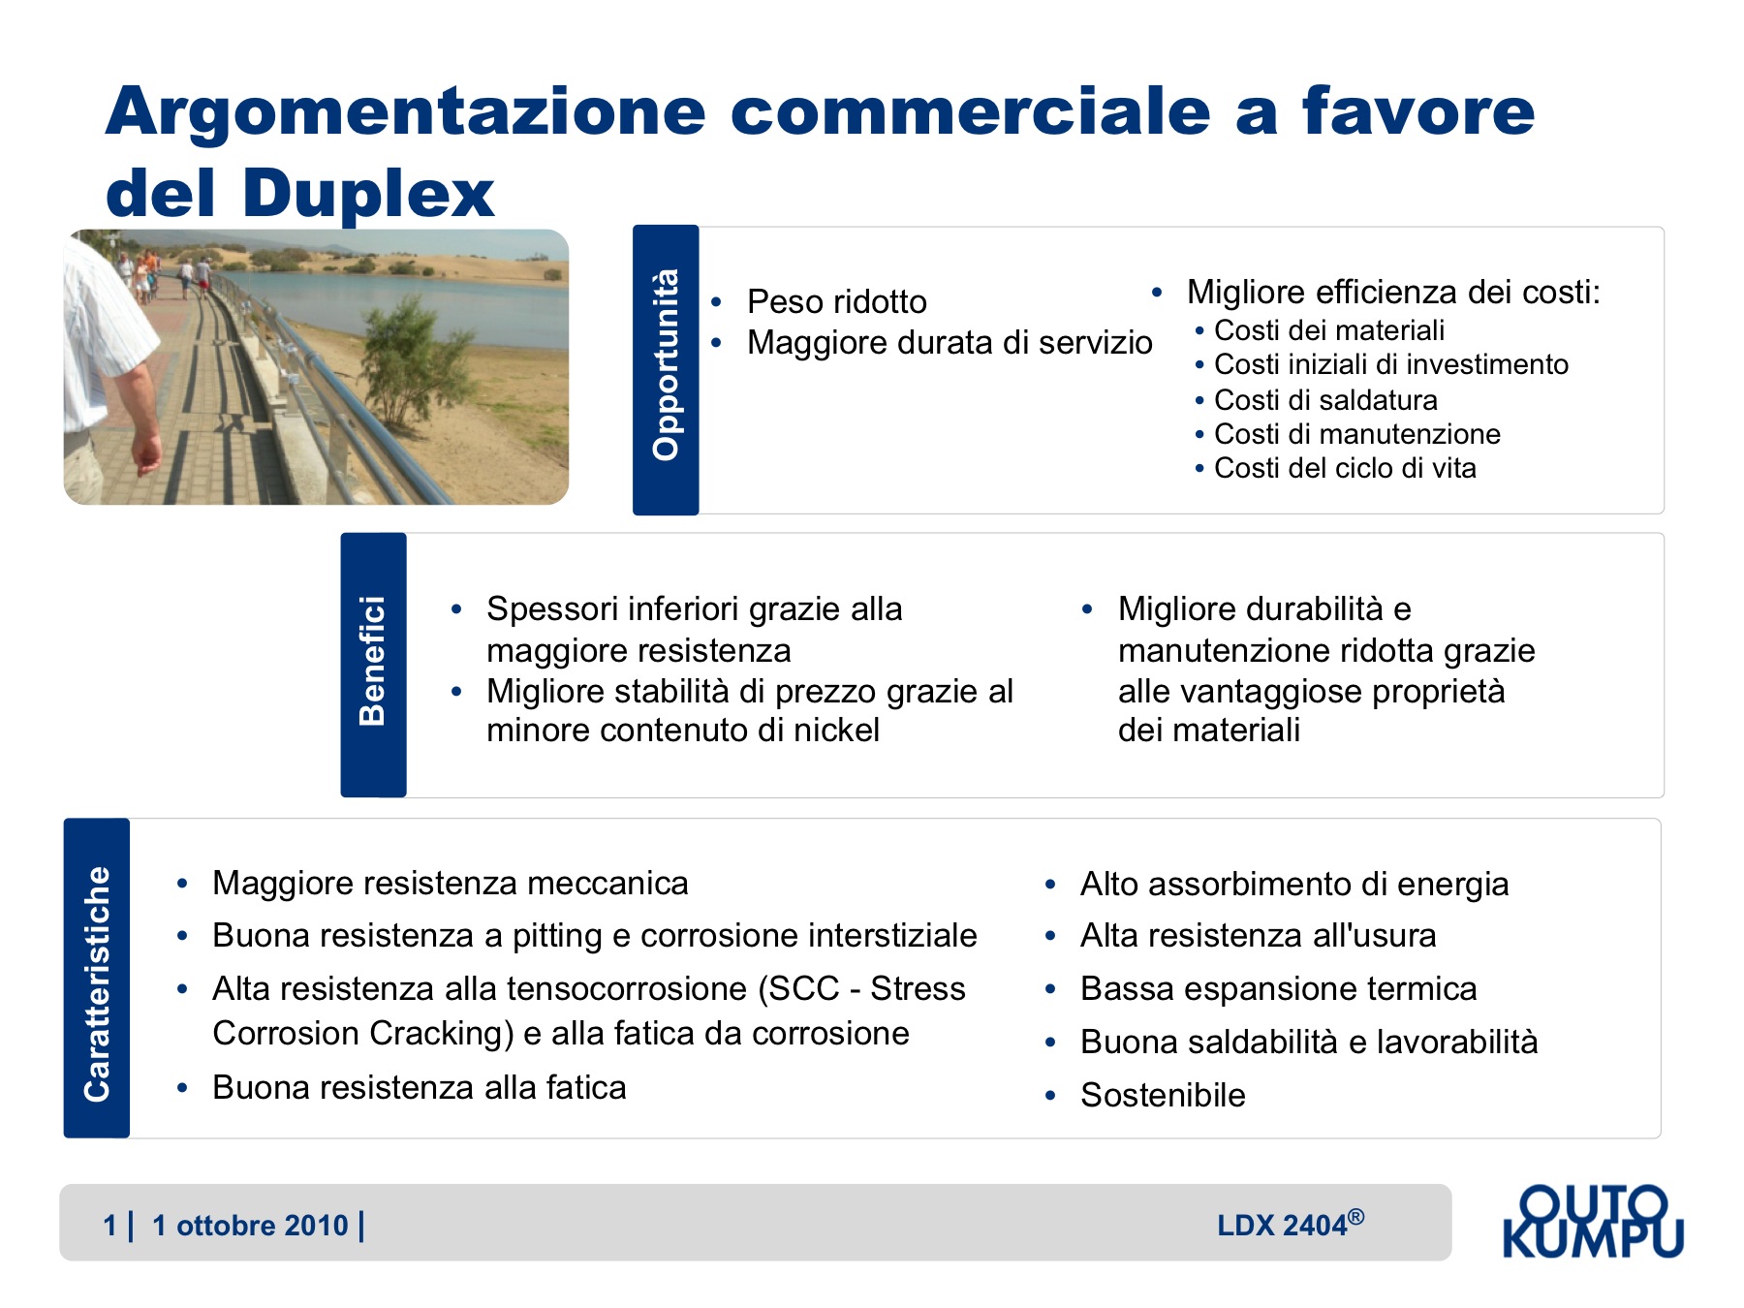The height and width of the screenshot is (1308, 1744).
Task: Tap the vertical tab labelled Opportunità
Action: [666, 369]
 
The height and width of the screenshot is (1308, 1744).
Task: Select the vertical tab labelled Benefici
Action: [373, 665]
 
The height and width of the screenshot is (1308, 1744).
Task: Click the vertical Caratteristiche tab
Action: [97, 978]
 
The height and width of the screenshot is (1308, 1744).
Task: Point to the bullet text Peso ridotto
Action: [837, 301]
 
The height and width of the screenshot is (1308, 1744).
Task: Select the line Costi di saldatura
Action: [1325, 399]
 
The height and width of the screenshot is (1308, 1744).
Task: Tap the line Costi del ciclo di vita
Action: [1345, 468]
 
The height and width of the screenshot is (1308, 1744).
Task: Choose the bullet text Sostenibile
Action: [1163, 1095]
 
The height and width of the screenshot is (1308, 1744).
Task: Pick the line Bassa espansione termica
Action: [1279, 988]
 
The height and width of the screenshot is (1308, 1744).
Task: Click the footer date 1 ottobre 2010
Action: [250, 1226]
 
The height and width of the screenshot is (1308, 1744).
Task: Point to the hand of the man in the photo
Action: [147, 453]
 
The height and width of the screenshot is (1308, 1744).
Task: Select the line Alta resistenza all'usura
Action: [1258, 935]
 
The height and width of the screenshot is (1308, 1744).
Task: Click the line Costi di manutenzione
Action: [1357, 434]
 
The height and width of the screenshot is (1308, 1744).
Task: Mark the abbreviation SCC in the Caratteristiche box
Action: [805, 988]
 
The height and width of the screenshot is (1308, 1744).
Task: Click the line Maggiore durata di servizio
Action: [950, 342]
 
